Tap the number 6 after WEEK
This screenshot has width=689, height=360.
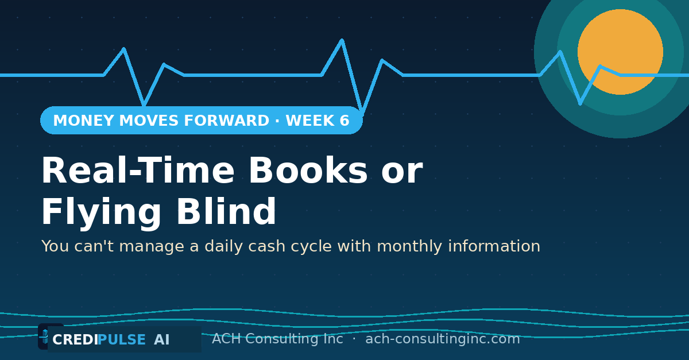click(344, 121)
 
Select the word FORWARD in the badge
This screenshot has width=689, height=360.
click(226, 121)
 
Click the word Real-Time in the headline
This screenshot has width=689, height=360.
click(138, 170)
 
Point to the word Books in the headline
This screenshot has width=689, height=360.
click(308, 169)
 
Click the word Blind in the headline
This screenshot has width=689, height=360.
click(226, 211)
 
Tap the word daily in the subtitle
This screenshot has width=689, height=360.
click(223, 246)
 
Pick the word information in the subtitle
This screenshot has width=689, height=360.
click(494, 246)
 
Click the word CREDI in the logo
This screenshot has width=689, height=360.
click(75, 340)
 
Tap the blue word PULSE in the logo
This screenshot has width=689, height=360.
click(122, 340)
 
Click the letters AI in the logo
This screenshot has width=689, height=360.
click(162, 340)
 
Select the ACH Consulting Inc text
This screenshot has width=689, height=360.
click(277, 339)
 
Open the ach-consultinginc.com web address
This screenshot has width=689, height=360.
click(443, 339)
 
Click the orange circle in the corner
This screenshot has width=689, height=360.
click(620, 52)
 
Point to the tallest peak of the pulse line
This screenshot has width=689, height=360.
click(342, 40)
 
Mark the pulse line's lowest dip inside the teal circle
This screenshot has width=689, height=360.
click(580, 103)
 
